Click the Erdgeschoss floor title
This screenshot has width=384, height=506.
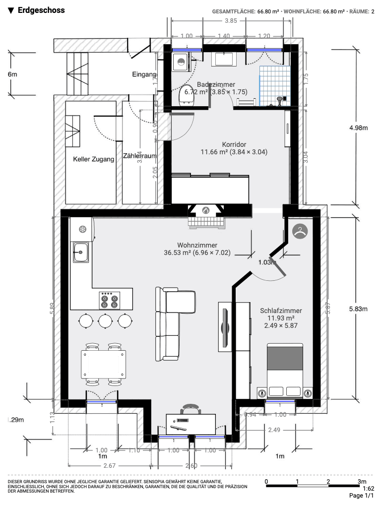tap(41, 10)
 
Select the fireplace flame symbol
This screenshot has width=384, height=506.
tap(205, 211)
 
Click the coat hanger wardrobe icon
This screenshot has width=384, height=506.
tap(299, 231)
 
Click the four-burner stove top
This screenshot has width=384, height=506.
tap(110, 300)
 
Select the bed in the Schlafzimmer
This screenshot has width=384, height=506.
tap(285, 370)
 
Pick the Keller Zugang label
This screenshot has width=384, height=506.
tap(94, 159)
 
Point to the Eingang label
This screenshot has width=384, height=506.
tap(144, 75)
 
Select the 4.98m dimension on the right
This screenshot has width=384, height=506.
tap(358, 127)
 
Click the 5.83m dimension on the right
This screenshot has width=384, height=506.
tap(358, 308)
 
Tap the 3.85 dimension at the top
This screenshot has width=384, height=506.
tap(231, 21)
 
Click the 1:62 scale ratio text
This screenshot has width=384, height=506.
tap(368, 488)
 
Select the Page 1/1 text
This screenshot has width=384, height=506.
tap(361, 496)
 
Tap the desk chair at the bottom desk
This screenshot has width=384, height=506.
tap(191, 410)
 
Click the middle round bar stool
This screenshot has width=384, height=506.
tap(105, 320)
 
